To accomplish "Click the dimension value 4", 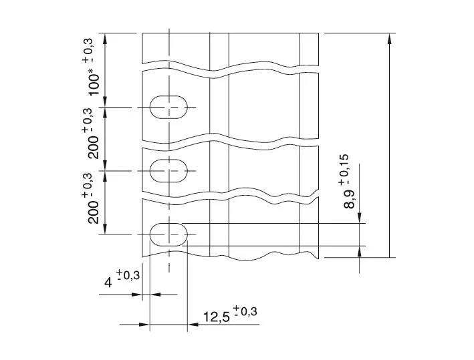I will pyautogui.click(x=108, y=283).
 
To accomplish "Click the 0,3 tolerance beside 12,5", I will pyautogui.click(x=245, y=311).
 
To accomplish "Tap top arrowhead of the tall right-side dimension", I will pyautogui.click(x=390, y=37).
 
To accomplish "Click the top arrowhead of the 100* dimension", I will pyautogui.click(x=108, y=37).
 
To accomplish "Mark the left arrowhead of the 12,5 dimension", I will pyautogui.click(x=144, y=325).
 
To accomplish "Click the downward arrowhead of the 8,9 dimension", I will pyautogui.click(x=361, y=218).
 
